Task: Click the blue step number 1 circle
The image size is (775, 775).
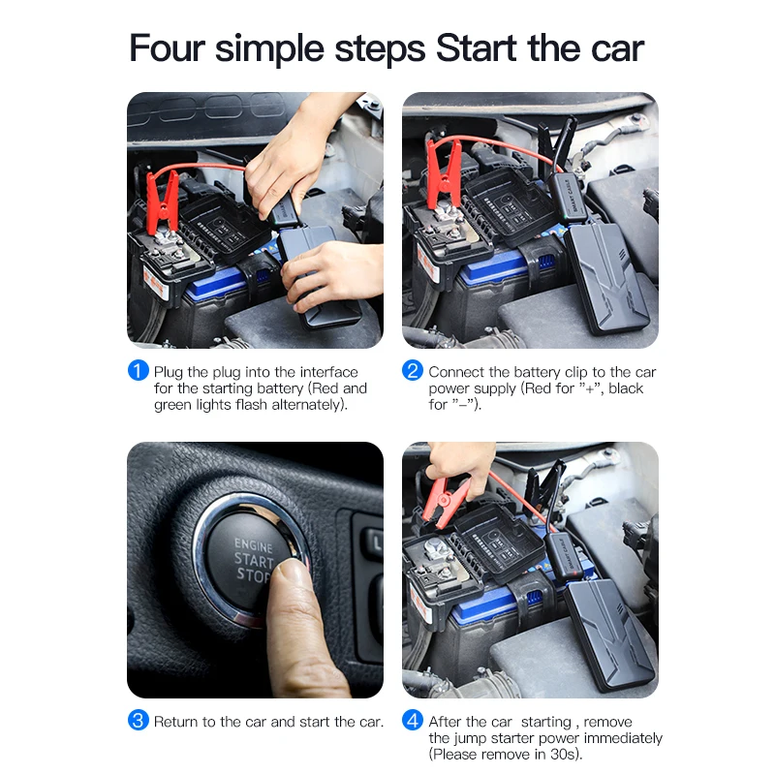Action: point(139,370)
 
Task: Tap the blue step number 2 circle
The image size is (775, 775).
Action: point(413,370)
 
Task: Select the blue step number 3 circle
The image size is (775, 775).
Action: point(139,720)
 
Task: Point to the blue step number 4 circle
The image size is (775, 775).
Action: point(413,720)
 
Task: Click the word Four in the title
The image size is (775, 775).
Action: point(167,47)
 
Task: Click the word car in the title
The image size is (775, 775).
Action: point(617,49)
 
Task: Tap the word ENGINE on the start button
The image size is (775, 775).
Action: point(254,545)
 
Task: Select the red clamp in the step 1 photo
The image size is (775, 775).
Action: point(163,201)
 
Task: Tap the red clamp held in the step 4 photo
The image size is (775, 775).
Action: point(447,500)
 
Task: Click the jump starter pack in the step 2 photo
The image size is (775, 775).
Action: point(606,277)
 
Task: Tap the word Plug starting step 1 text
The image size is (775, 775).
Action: point(168,373)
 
